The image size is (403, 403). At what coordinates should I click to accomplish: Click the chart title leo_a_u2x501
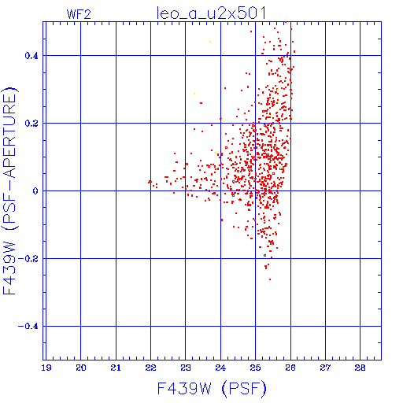[211, 13]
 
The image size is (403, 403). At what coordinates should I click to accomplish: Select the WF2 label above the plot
[79, 14]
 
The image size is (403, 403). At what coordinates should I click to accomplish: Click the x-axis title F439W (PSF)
[212, 388]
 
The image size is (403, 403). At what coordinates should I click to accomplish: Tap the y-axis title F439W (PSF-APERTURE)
[9, 190]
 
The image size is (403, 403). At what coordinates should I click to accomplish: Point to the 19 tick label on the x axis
[46, 368]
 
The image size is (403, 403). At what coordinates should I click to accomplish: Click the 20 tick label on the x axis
[81, 368]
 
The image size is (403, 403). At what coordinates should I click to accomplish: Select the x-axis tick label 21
[116, 368]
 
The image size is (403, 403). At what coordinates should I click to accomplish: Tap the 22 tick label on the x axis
[150, 368]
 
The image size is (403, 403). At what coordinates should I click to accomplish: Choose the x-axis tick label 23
[186, 368]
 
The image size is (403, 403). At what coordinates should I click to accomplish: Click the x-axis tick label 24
[220, 368]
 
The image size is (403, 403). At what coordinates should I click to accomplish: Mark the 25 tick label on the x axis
[255, 368]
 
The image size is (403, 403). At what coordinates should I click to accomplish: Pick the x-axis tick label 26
[290, 368]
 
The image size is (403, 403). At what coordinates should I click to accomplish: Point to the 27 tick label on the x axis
[325, 368]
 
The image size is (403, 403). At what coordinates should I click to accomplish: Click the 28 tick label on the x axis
[360, 368]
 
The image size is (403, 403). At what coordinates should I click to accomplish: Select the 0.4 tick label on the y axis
[31, 56]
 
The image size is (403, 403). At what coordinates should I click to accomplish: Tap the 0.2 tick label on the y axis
[31, 124]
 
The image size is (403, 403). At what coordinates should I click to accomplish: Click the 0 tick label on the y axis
[35, 190]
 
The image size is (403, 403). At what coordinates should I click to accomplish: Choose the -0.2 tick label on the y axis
[28, 259]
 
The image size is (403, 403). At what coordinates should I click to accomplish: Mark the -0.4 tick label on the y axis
[28, 327]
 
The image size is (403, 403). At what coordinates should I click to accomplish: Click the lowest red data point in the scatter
[270, 279]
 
